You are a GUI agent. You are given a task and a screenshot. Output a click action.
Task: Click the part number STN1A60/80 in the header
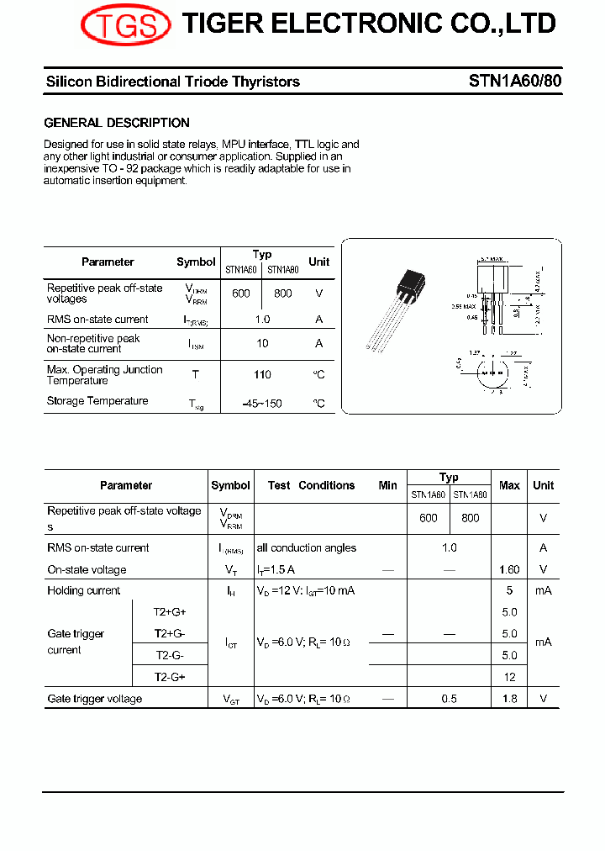pos(515,82)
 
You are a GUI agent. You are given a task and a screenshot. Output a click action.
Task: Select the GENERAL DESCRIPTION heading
pos(117,123)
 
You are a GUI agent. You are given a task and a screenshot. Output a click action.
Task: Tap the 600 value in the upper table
pos(241,293)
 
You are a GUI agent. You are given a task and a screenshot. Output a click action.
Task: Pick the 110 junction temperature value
pos(262,375)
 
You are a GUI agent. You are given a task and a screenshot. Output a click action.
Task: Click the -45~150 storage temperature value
pos(262,404)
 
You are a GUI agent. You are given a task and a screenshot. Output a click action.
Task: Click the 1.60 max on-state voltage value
pos(509,570)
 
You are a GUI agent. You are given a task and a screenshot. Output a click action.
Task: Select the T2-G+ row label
pos(170,677)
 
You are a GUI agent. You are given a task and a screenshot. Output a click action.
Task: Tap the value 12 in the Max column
pos(509,677)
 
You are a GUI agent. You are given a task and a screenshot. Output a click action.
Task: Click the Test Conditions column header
pos(311,485)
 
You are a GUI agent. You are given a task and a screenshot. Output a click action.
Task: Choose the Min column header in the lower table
pos(387,485)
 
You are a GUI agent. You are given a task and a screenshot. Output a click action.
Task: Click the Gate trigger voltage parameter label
pos(95,699)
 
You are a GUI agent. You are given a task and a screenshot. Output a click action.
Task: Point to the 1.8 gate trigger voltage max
pos(509,699)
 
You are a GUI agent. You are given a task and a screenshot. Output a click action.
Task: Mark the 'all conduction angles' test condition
pos(307,548)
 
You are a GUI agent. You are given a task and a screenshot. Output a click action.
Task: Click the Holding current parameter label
pos(84,591)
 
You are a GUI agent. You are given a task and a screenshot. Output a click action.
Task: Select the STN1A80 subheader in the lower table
pos(470,495)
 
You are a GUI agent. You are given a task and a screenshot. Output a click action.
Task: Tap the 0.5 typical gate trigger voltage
pos(450,699)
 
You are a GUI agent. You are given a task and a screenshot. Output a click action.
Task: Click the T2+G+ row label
pos(170,612)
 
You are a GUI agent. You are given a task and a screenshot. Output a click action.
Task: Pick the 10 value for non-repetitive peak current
pos(262,343)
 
